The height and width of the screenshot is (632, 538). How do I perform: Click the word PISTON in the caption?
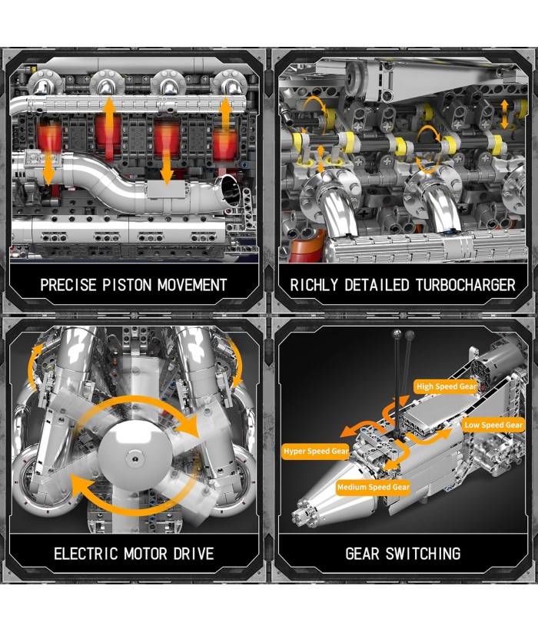click(x=127, y=285)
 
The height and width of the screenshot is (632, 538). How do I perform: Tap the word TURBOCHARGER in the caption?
click(x=466, y=285)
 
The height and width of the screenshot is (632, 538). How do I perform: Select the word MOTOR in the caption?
click(x=145, y=554)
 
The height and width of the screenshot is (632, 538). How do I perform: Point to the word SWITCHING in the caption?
click(x=423, y=554)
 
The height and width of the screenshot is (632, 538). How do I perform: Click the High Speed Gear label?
click(x=446, y=386)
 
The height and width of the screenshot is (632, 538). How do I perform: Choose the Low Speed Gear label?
click(x=493, y=425)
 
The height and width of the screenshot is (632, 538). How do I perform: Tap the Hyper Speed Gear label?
click(x=316, y=451)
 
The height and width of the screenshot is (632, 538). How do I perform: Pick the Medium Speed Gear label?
click(x=374, y=487)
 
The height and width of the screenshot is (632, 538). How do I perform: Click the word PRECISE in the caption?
click(x=68, y=285)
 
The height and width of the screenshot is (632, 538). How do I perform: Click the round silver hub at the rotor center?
click(x=134, y=457)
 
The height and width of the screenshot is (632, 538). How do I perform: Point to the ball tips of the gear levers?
click(x=403, y=334)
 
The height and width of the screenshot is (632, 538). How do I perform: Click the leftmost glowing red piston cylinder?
click(x=49, y=138)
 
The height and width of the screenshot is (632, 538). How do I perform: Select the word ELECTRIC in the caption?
click(x=85, y=554)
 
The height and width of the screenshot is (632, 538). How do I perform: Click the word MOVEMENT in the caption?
click(x=192, y=285)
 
